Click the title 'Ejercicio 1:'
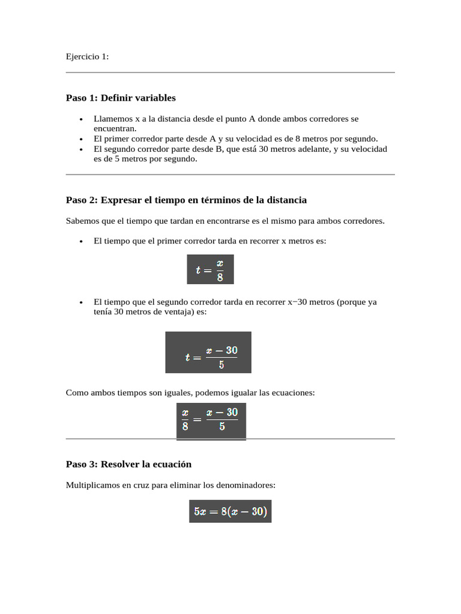(x=87, y=56)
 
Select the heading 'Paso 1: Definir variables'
(x=121, y=98)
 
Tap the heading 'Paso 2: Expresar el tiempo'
(x=186, y=200)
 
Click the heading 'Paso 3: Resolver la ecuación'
(x=128, y=464)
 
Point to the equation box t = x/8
(x=210, y=269)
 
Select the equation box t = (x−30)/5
(x=208, y=353)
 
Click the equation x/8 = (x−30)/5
(x=211, y=421)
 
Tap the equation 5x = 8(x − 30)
(x=230, y=511)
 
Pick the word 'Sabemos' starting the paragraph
(x=82, y=221)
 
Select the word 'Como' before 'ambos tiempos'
(x=77, y=393)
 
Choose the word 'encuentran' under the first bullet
(x=115, y=128)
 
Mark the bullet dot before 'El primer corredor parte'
(x=81, y=139)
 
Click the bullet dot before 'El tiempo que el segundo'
(x=81, y=303)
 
